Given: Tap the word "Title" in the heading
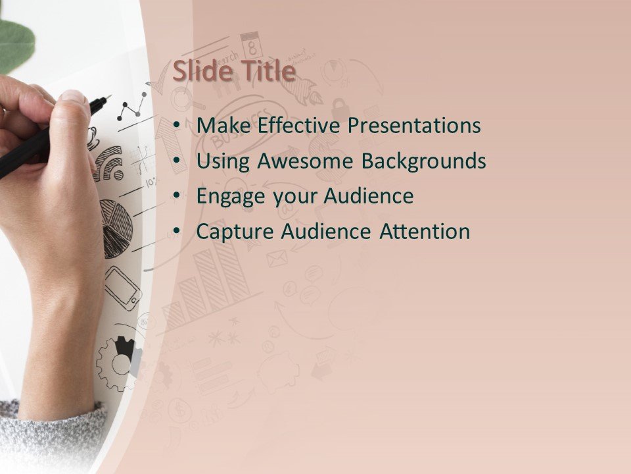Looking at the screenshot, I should [266, 72].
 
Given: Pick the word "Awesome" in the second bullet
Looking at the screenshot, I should [308, 161].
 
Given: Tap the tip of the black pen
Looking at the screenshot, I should [108, 98].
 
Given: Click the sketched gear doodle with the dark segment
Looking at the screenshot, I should [118, 362].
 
